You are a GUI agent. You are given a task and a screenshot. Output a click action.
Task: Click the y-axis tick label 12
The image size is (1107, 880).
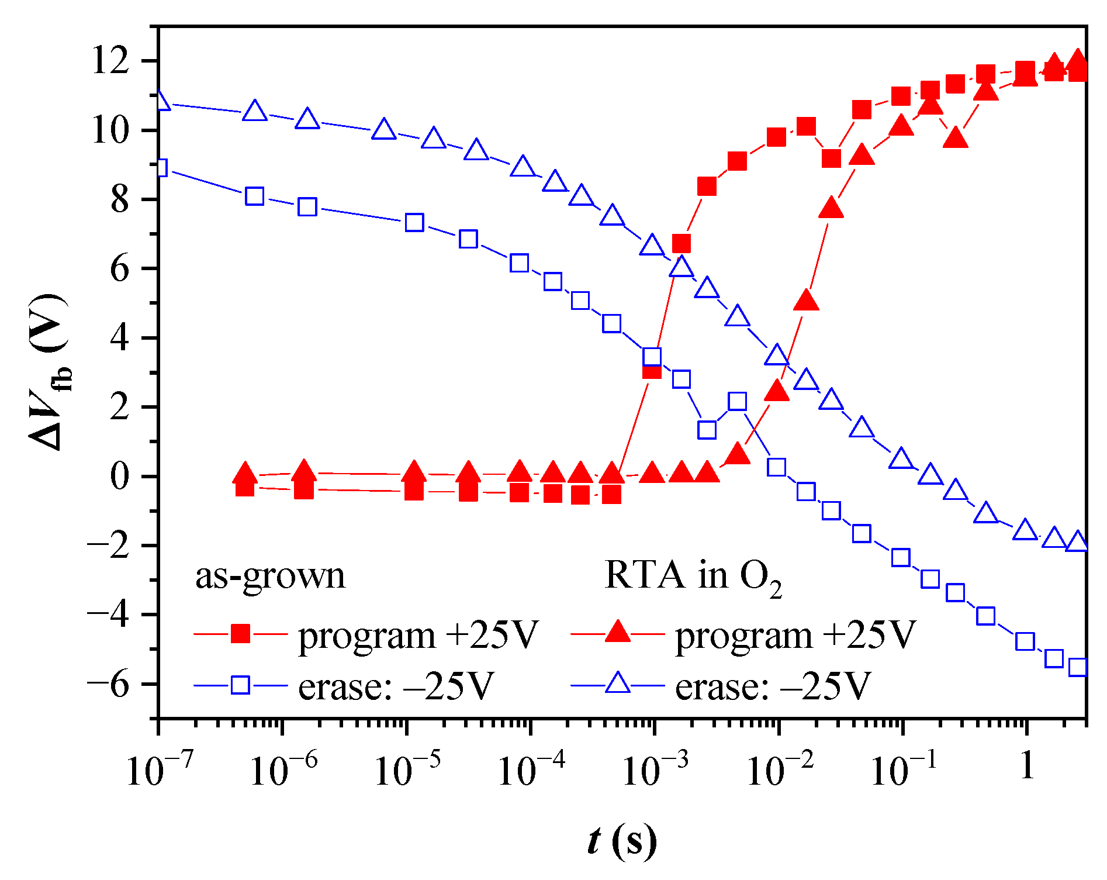point(110,61)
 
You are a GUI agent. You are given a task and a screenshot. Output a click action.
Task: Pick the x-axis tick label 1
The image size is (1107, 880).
point(1027,764)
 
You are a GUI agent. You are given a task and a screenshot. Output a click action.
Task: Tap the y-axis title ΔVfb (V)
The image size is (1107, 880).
point(50,372)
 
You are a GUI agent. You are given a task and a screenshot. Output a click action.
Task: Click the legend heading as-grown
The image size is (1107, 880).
point(270,576)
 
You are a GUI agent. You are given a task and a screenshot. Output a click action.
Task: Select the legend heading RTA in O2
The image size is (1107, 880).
point(693,576)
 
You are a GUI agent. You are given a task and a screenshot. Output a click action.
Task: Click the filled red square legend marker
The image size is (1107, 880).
point(240,634)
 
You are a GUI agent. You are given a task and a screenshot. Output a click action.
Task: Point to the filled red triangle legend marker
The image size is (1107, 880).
point(617,633)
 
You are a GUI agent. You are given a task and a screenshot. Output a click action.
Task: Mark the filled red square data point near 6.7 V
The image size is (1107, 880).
point(681,244)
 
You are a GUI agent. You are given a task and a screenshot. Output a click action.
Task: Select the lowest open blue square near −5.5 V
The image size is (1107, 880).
point(1078,667)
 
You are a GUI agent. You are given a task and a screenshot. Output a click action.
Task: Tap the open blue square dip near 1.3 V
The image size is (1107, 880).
point(707,430)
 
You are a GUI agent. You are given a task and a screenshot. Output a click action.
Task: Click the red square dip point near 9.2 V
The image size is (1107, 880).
point(831,158)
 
